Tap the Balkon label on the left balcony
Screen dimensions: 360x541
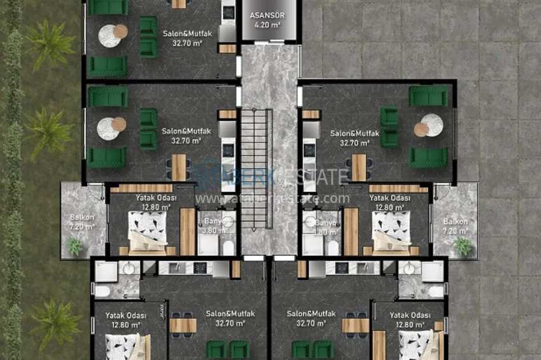point(81,218)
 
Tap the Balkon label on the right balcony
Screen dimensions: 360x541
point(456,222)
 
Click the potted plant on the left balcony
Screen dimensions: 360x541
point(75,246)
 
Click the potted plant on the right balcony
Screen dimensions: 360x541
point(463,246)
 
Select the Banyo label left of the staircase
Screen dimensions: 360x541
point(212,222)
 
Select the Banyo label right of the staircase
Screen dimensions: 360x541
point(325,223)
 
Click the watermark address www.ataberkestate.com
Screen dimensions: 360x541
point(272,198)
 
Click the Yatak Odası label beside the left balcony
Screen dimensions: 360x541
point(155,198)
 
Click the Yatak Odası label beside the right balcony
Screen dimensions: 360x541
point(390,198)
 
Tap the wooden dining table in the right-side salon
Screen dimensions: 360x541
point(359,167)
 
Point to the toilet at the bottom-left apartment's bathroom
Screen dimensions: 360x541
point(102,291)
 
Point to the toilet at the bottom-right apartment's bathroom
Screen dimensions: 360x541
point(436,291)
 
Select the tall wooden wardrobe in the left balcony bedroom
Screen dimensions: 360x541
point(187,232)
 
